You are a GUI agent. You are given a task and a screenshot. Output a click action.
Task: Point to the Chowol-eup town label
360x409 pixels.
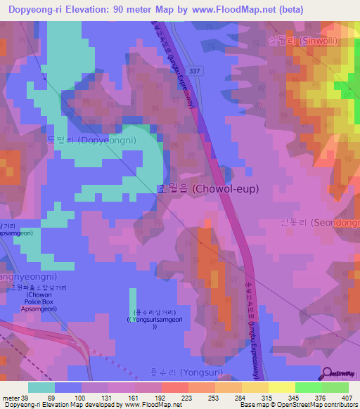207,188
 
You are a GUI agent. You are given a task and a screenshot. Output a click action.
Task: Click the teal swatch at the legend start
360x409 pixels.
41,387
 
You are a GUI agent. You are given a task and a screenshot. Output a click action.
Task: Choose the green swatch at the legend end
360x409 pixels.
335,387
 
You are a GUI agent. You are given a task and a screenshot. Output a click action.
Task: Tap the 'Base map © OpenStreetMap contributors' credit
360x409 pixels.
298,405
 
